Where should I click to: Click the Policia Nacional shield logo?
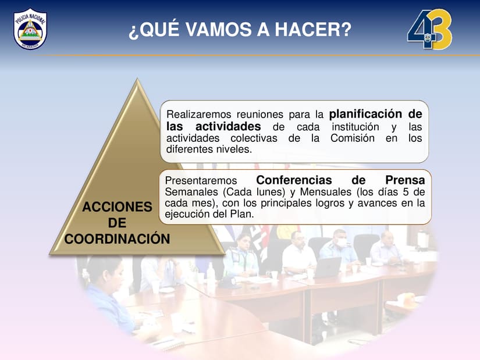[30, 28]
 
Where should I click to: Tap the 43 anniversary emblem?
[429, 30]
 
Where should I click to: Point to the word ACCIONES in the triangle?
[118, 207]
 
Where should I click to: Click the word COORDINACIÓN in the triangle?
[118, 239]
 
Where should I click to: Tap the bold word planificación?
[365, 114]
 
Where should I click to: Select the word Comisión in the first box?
[353, 138]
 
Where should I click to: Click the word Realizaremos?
[199, 115]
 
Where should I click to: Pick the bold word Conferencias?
[294, 180]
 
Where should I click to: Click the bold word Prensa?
[405, 180]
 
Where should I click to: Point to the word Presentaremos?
[201, 181]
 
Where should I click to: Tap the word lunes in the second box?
[269, 192]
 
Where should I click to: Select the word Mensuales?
[326, 192]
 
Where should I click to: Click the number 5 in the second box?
[406, 192]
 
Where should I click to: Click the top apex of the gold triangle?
[137, 79]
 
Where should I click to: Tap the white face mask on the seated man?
[342, 243]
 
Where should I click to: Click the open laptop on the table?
[327, 266]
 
